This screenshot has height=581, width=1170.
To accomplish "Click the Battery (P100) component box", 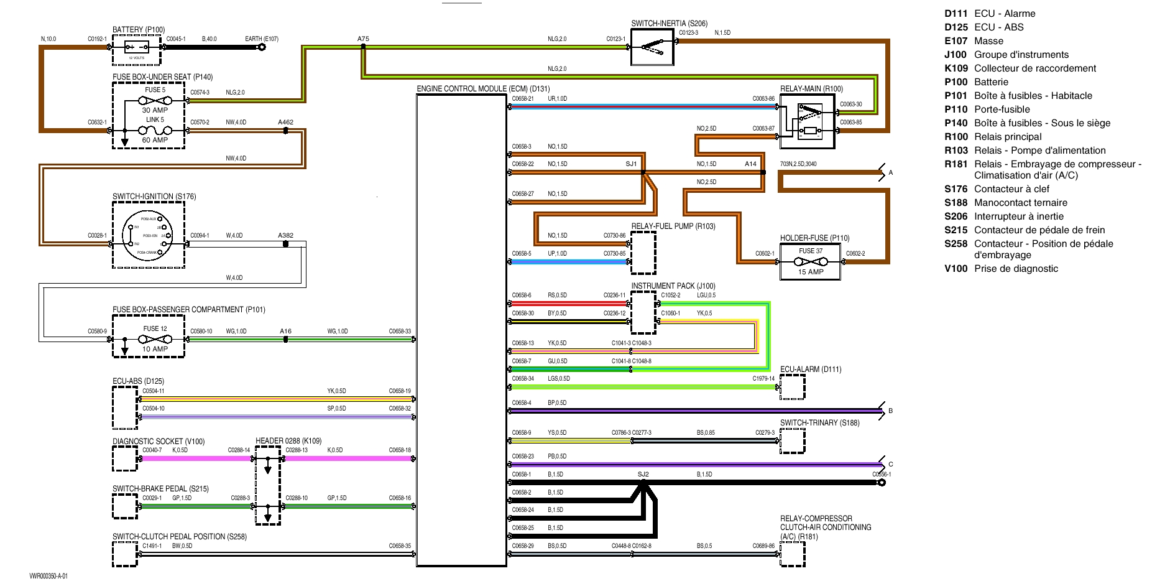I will click(x=136, y=50).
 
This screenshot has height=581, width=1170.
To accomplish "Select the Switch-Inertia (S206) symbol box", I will click(x=652, y=47).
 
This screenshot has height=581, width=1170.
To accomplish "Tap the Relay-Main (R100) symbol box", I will click(x=807, y=121).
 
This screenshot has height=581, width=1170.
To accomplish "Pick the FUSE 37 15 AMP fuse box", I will click(x=810, y=262).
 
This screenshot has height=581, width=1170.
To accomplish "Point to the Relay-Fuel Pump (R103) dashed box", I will click(x=643, y=253).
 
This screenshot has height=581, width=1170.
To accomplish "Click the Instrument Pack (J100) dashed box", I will click(x=643, y=312).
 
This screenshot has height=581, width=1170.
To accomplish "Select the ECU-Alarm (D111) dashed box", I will click(x=792, y=387).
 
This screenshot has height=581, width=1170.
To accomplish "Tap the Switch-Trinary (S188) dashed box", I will click(x=792, y=440).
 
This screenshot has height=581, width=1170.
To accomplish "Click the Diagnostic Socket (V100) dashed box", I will click(x=124, y=459).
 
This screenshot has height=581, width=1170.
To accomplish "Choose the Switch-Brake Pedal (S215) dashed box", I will click(x=124, y=506).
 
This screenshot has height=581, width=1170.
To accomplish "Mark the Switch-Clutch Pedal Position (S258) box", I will click(x=124, y=554).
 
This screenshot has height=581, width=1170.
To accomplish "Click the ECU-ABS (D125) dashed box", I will click(x=124, y=407).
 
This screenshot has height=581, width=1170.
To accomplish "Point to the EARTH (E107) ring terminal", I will click(x=262, y=47).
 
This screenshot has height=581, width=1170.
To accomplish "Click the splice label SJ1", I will click(x=631, y=164).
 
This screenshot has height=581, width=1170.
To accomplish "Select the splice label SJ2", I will click(x=643, y=475).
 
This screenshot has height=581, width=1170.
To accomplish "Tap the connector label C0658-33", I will click(x=400, y=332).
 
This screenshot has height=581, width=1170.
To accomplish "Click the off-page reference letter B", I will click(x=890, y=411).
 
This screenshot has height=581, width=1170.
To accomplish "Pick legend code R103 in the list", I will click(x=956, y=151).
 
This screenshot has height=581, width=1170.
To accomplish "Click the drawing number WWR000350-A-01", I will click(x=48, y=576).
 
